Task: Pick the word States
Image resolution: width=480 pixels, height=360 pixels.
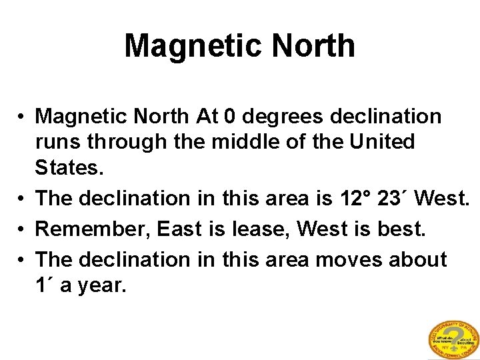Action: point(69,167)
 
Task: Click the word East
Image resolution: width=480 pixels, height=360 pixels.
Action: point(179,229)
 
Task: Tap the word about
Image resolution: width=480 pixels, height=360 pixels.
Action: point(419,259)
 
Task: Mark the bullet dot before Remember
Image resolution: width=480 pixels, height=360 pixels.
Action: point(23,229)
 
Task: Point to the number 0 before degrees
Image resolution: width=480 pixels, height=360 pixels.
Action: point(230,117)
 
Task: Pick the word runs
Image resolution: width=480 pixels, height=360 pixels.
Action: point(58,142)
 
